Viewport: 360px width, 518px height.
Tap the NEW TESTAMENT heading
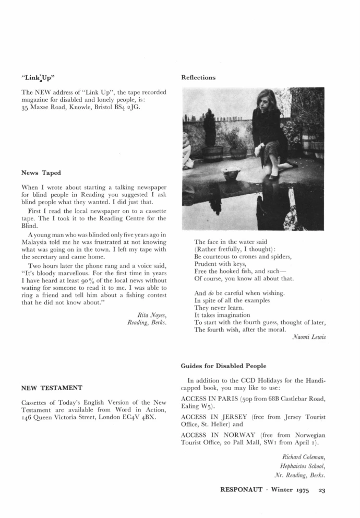tap(52, 388)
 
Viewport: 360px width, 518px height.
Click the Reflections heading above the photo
tap(198, 78)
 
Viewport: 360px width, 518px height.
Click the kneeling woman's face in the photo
tap(260, 100)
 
